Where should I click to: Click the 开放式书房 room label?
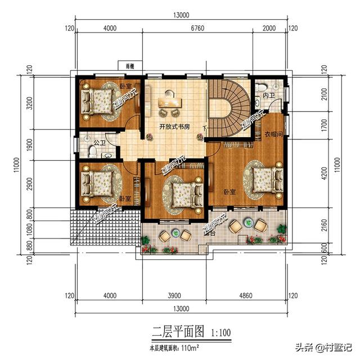click(174, 126)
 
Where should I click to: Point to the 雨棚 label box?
click(130, 66)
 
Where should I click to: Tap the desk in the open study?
click(171, 102)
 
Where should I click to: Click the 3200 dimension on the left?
click(21, 103)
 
